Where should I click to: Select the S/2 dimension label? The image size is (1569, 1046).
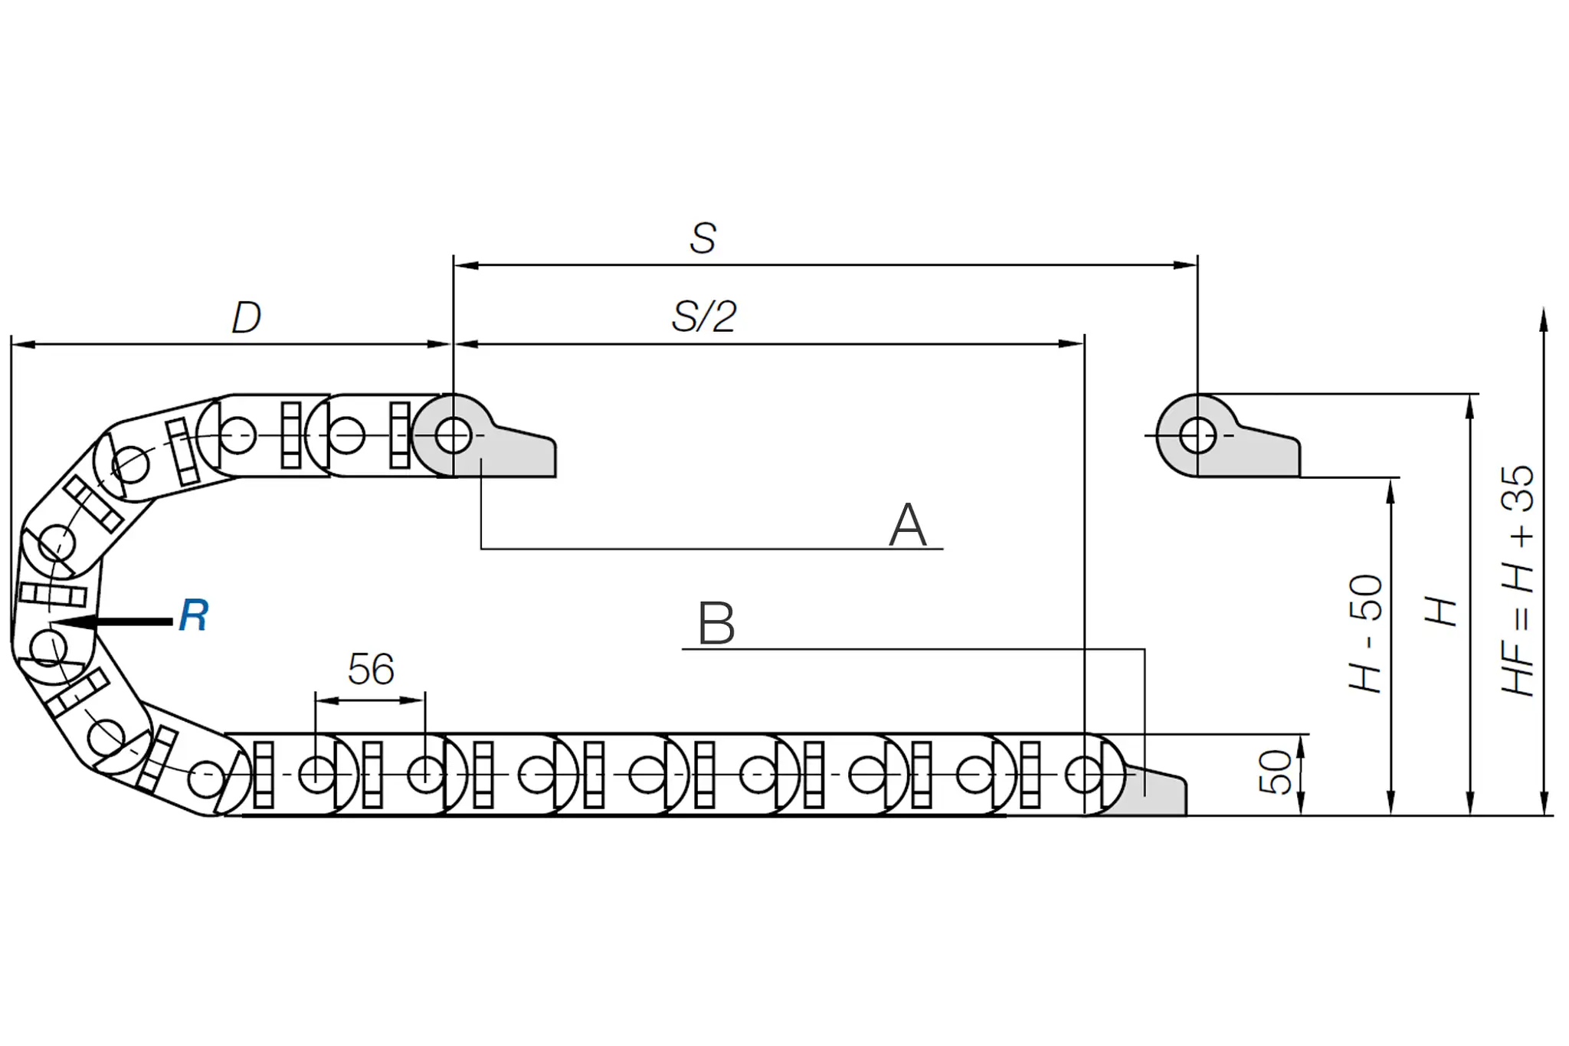pyautogui.click(x=704, y=316)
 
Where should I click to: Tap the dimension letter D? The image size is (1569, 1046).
pyautogui.click(x=247, y=317)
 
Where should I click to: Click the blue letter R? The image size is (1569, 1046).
pyautogui.click(x=194, y=615)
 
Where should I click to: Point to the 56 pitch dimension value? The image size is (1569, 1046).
pyautogui.click(x=371, y=669)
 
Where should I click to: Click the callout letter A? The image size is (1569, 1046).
pyautogui.click(x=908, y=525)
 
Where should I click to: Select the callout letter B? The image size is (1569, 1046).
pyautogui.click(x=716, y=624)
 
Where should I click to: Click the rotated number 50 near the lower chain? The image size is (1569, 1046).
pyautogui.click(x=1275, y=772)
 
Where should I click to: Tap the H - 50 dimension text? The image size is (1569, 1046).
pyautogui.click(x=1365, y=634)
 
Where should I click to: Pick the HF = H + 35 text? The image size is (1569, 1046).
pyautogui.click(x=1518, y=581)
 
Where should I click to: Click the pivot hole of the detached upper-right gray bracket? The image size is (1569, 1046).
pyautogui.click(x=1197, y=435)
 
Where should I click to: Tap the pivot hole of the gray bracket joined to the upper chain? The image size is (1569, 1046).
pyautogui.click(x=453, y=435)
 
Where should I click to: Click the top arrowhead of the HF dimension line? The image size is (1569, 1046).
pyautogui.click(x=1544, y=320)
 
